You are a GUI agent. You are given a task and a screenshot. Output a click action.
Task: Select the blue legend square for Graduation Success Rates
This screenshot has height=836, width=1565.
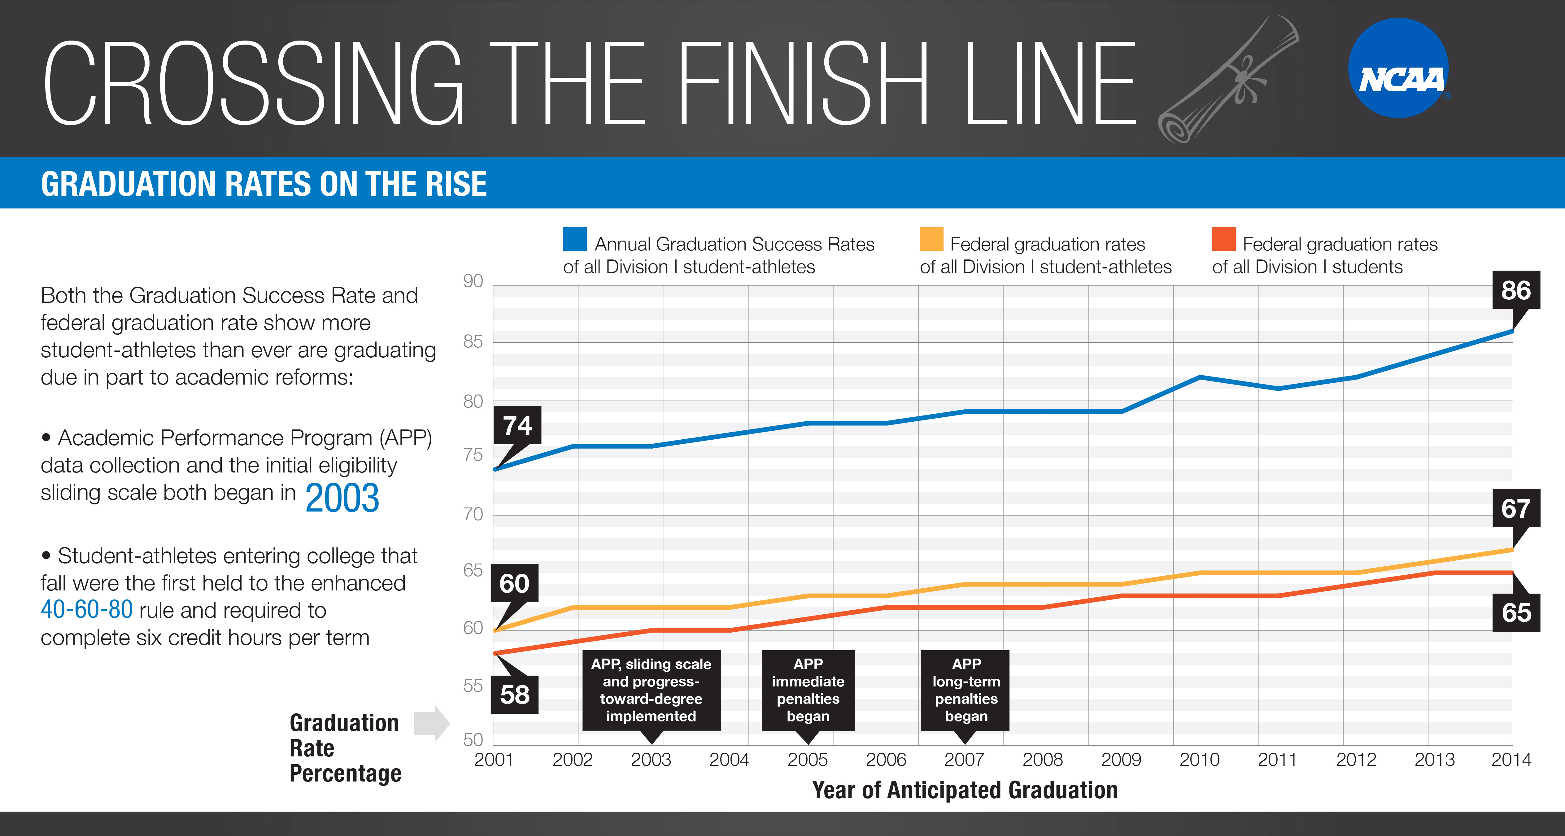point(574,239)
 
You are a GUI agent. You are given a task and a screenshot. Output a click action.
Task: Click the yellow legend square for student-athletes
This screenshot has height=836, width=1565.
point(931,239)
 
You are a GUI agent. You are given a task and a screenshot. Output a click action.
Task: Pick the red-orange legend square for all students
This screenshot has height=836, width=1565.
point(1223,239)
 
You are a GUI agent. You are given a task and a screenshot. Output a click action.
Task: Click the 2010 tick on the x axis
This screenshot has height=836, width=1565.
point(1199,760)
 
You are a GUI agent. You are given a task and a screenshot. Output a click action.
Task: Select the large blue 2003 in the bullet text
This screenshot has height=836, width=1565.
point(342,498)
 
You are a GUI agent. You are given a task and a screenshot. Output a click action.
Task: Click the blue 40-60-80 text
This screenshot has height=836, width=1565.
point(86,609)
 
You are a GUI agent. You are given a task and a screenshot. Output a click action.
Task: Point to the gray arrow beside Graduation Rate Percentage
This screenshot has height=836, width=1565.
point(431,723)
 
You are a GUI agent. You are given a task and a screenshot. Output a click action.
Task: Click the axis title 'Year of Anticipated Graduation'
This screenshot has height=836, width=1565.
point(965,790)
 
